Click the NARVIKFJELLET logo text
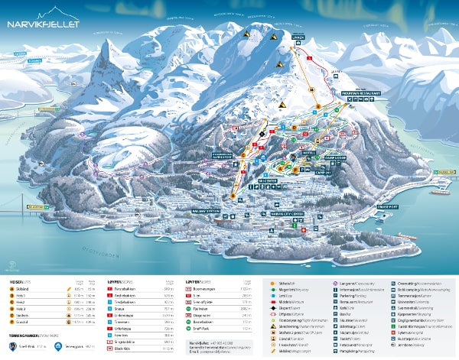coord(45,24)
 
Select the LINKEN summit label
coord(298,37)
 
